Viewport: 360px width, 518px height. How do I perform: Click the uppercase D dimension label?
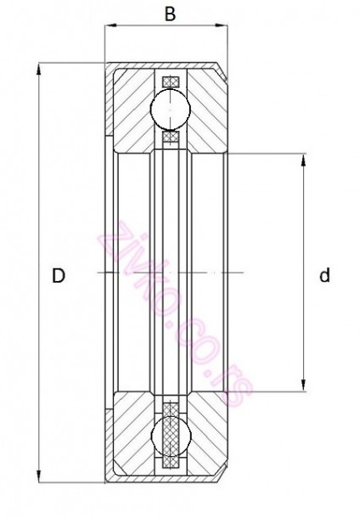tap(59, 275)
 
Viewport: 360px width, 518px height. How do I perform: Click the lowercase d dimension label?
tap(325, 275)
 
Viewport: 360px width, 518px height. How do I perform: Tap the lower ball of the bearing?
tap(170, 433)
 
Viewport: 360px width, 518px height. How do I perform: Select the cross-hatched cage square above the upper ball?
tap(170, 82)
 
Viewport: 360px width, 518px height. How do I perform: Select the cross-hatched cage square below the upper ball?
tap(170, 136)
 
